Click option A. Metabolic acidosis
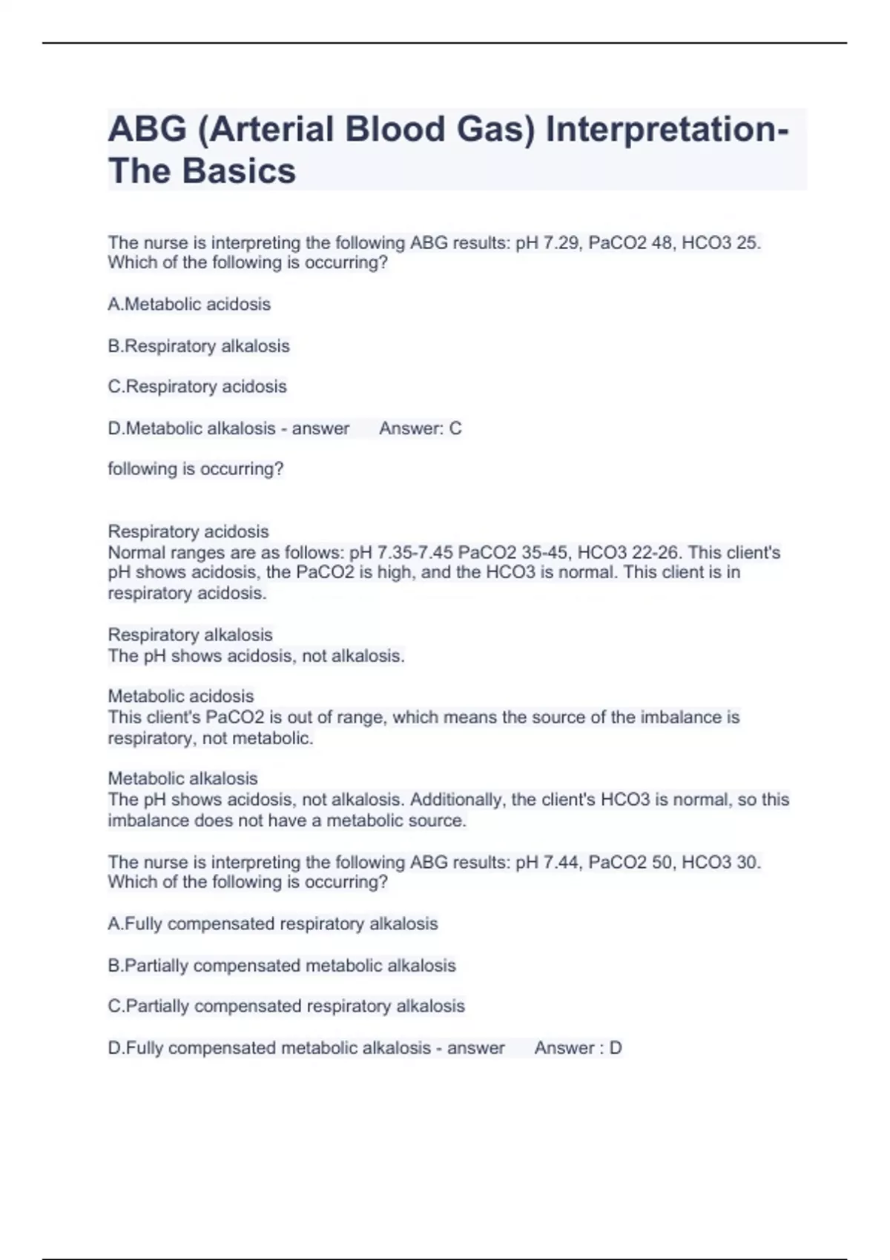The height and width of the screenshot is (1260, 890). click(189, 304)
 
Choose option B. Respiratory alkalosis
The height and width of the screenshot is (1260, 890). click(199, 346)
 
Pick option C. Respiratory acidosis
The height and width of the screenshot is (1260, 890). click(197, 386)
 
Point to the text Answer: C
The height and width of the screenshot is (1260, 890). click(420, 428)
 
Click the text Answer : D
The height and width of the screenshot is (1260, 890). click(578, 1048)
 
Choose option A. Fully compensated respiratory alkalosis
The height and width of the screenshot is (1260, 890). click(273, 924)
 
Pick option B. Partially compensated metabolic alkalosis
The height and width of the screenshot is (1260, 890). click(282, 966)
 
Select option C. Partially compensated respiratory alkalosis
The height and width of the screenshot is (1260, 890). click(286, 1006)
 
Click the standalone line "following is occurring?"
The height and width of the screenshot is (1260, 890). click(196, 469)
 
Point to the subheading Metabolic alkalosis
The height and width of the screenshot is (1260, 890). click(182, 778)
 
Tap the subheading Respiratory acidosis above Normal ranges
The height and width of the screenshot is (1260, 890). click(188, 531)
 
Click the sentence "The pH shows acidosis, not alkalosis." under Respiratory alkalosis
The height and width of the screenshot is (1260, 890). click(257, 656)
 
